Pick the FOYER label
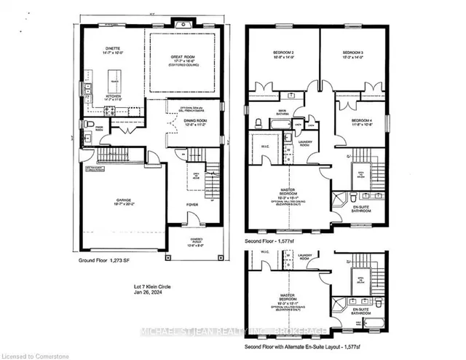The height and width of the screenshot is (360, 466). coord(191,205)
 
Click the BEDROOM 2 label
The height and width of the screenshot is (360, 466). coord(283,53)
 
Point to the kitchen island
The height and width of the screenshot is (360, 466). coord(114,77)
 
